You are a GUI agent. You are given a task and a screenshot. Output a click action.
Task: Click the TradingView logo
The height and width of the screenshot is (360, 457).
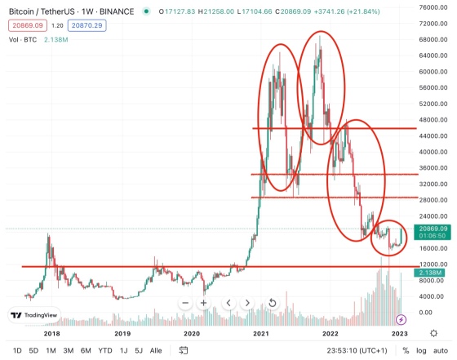tap(34, 315)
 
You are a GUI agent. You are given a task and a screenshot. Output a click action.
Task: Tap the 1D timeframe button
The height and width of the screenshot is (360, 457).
tap(17, 350)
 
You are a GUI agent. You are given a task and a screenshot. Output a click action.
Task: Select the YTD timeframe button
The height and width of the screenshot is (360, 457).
tap(105, 350)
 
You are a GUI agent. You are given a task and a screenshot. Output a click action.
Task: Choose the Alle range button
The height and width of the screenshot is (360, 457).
tap(156, 350)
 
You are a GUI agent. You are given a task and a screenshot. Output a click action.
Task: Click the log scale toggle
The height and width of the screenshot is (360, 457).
tap(421, 351)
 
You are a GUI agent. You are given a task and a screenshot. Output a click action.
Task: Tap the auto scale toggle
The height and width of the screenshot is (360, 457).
tap(441, 350)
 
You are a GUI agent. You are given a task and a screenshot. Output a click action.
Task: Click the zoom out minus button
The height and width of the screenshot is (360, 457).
tap(185, 303)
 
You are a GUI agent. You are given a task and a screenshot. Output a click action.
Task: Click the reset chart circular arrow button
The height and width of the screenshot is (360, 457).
tap(273, 303)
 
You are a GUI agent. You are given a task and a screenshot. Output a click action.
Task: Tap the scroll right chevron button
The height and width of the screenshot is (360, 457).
tap(247, 303)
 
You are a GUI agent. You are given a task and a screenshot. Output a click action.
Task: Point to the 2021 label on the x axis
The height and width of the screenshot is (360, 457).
tap(261, 334)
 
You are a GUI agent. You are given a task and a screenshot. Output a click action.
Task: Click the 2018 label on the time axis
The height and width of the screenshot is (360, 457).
tap(52, 334)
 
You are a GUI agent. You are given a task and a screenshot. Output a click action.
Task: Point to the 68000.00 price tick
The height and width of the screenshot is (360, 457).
tap(433, 39)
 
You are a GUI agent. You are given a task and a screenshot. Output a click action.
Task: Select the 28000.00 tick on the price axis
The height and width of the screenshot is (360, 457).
tap(433, 200)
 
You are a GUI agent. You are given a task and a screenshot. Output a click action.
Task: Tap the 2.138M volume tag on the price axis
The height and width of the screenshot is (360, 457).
tap(429, 273)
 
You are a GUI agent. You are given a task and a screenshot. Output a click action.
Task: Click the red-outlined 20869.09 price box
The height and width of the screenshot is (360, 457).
tap(28, 25)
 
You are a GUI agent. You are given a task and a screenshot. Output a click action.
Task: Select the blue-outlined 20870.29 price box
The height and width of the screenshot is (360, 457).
tap(87, 25)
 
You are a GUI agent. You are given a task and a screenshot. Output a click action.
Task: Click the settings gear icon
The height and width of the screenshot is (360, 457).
tap(433, 333)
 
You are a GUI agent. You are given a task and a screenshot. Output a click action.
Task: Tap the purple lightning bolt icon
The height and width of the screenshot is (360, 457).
tap(401, 320)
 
